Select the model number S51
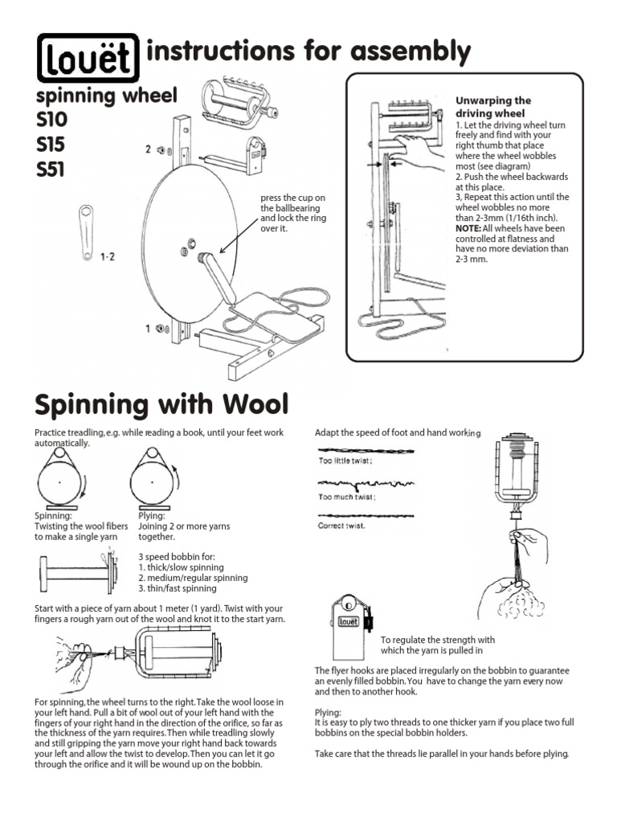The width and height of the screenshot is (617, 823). tap(51, 170)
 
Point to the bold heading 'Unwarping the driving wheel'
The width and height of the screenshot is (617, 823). tap(493, 108)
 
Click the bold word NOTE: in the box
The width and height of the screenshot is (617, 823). tap(470, 228)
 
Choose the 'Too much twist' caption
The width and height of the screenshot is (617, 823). tap(347, 497)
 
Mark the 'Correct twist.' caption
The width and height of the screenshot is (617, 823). tap(342, 526)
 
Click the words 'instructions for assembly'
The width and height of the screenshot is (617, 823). tap(309, 52)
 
